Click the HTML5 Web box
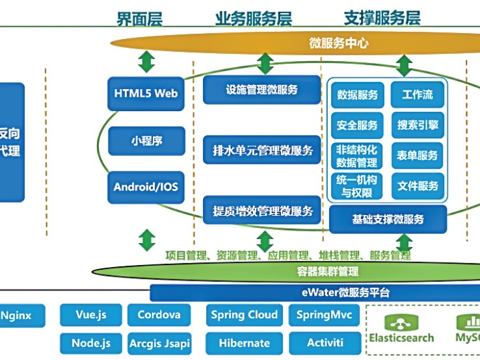coord(146,94)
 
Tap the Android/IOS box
coord(146,187)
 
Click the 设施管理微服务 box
coord(262,90)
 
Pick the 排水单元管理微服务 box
coord(262,151)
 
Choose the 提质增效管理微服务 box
coord(262,211)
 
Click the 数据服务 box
coord(358,95)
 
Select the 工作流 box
coord(418,95)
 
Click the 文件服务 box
coord(418,186)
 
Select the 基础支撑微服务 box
coord(388,220)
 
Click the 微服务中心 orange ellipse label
coord(338,44)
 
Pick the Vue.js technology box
coord(90,315)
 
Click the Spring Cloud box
coord(245,315)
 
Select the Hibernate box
coord(245,342)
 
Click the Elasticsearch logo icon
coord(401,322)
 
